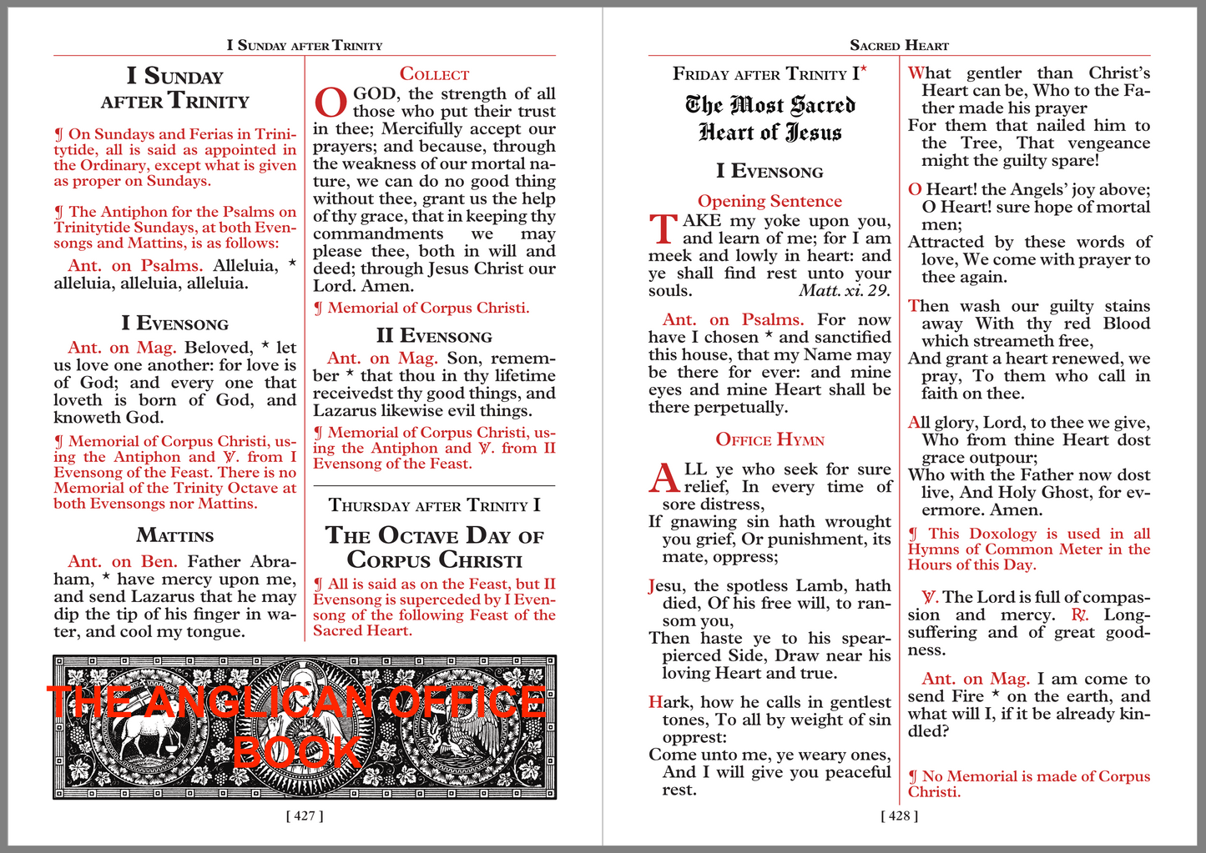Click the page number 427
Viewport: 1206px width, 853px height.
click(305, 815)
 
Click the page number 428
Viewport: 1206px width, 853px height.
click(899, 815)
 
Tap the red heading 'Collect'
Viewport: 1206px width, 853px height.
click(434, 74)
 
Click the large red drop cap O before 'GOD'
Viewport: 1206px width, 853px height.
click(330, 103)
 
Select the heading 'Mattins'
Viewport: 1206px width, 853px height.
click(175, 535)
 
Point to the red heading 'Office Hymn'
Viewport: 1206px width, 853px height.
click(770, 440)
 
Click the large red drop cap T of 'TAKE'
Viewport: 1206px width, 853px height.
click(664, 229)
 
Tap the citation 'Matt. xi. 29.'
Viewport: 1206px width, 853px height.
click(845, 291)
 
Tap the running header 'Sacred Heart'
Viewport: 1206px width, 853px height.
click(899, 45)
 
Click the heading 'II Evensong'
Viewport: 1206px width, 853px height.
click(434, 336)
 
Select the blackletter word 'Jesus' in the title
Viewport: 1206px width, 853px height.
click(814, 133)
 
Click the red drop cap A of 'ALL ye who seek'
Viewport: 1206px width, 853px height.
click(664, 478)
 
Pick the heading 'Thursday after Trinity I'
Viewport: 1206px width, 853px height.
click(434, 505)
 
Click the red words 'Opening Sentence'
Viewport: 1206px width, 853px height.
click(770, 201)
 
